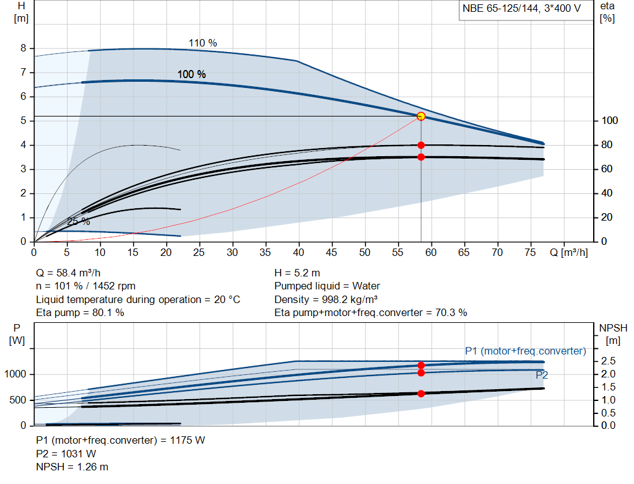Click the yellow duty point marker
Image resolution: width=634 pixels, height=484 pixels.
coord(421,116)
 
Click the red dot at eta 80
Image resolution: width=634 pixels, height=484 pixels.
coord(421,145)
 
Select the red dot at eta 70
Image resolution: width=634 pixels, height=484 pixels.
coord(421,157)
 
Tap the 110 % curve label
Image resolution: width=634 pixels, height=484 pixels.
coord(202,43)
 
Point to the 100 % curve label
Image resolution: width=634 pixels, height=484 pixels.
coord(191,74)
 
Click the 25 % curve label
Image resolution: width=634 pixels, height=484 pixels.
coord(78,221)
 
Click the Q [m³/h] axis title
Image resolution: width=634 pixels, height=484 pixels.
coord(569,253)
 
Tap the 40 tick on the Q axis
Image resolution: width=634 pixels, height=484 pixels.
coord(299,253)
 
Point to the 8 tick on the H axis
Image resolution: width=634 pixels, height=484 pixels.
coord(23,48)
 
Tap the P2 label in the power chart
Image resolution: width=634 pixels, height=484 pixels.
coord(542,375)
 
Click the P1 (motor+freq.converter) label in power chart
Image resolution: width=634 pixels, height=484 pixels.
coord(525,351)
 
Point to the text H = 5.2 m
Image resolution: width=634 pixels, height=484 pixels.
coord(297,273)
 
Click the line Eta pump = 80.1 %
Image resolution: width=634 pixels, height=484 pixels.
coord(80,313)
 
